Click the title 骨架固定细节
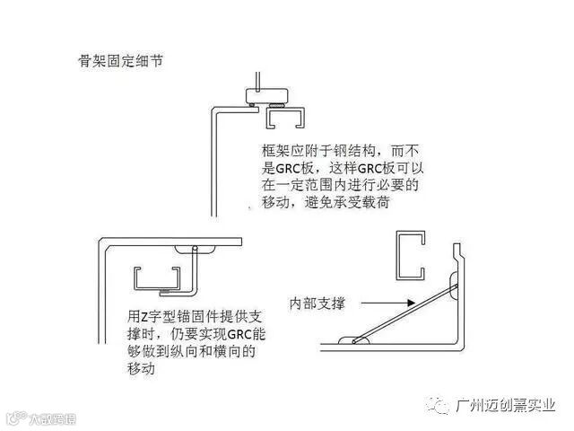[x=119, y=62]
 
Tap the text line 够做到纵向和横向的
[x=191, y=352]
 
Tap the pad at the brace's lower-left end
[x=353, y=340]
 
